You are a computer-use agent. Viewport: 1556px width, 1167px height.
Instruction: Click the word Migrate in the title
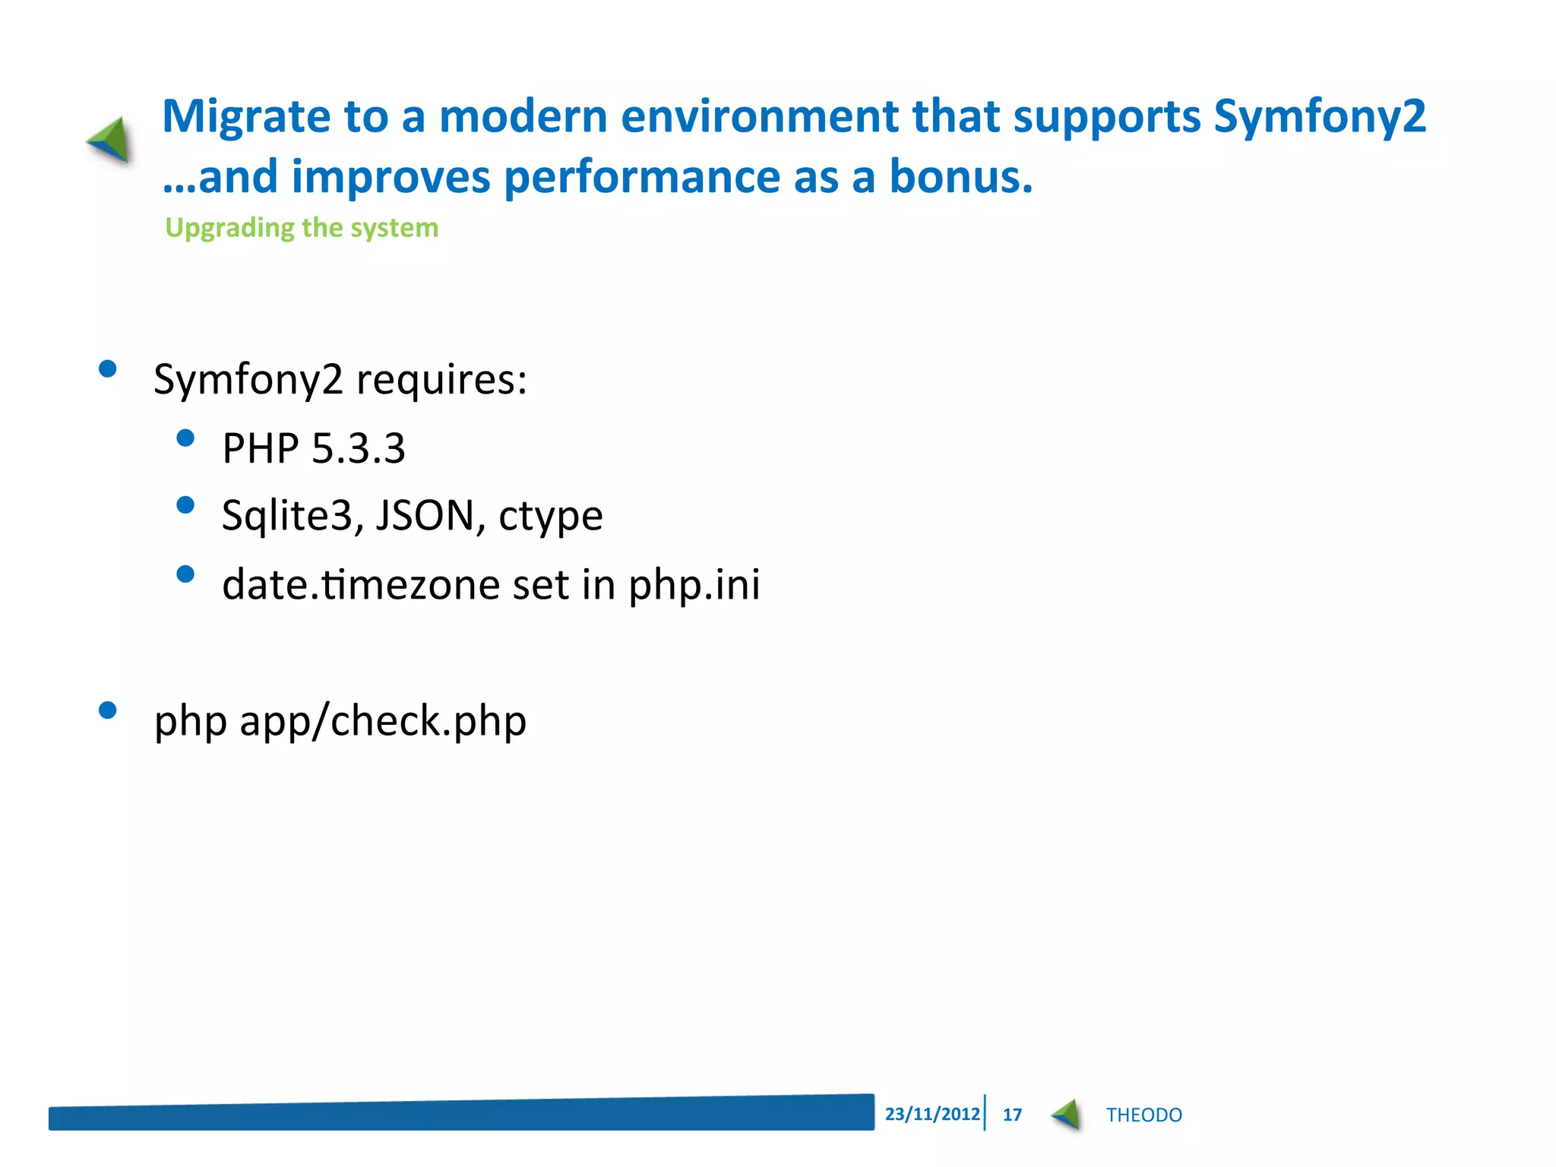click(x=245, y=118)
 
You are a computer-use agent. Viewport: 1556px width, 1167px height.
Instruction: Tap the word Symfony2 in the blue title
click(x=1319, y=118)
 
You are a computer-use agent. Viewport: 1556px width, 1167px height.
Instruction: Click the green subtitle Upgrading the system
click(x=302, y=228)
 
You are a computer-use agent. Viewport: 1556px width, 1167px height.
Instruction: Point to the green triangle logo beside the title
click(x=111, y=140)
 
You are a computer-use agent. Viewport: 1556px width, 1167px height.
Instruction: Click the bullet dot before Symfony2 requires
click(x=108, y=369)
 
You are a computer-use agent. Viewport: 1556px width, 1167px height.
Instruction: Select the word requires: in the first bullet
click(x=441, y=379)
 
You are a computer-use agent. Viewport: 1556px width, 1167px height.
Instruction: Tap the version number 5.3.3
click(x=359, y=448)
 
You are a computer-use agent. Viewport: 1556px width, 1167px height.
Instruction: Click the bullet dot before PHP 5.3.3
click(x=185, y=438)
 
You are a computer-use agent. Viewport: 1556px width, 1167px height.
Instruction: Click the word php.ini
click(x=694, y=585)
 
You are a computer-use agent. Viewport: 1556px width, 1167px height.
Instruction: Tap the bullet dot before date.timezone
click(x=185, y=574)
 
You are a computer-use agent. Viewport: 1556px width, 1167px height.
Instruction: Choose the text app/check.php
click(x=383, y=721)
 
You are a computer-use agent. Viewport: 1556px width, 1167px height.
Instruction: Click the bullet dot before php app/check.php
click(x=108, y=710)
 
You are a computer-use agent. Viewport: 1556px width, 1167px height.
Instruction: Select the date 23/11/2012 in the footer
click(x=931, y=1114)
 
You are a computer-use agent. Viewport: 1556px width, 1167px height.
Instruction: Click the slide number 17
click(x=1012, y=1115)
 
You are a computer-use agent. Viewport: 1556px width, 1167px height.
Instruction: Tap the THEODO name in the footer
click(x=1143, y=1115)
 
